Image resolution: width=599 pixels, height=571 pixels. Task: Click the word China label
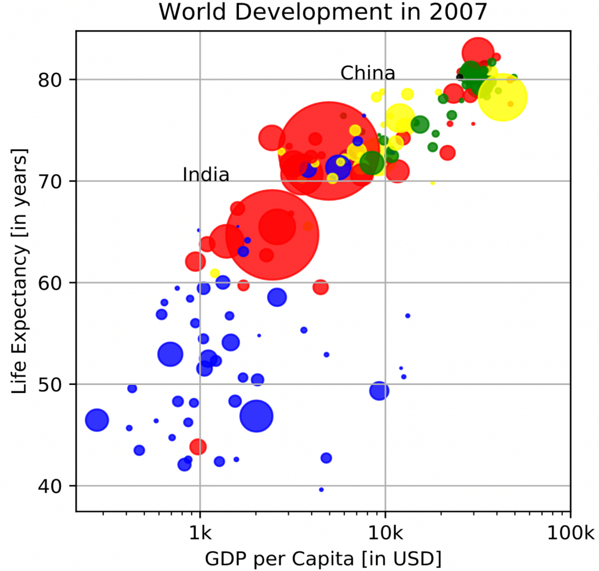[368, 73]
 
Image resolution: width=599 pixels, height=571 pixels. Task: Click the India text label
[206, 175]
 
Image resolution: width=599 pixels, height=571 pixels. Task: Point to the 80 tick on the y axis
[50, 80]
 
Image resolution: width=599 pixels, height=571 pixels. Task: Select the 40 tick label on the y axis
[50, 486]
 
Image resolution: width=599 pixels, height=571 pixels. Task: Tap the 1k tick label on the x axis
[200, 533]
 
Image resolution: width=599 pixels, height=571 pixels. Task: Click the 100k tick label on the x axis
[570, 533]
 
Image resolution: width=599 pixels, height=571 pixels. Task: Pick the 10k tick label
[385, 533]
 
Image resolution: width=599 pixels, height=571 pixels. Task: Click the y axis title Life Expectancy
[19, 271]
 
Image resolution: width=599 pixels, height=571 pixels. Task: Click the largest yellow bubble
[503, 98]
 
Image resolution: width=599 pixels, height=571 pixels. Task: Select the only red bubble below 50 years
[198, 447]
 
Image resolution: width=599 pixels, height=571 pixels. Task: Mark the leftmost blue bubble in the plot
[97, 420]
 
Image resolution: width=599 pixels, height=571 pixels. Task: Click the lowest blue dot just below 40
[321, 490]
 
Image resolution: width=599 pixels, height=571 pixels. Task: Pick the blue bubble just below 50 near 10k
[379, 391]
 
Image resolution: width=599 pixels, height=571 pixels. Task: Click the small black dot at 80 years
[460, 77]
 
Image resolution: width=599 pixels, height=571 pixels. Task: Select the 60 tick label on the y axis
[50, 283]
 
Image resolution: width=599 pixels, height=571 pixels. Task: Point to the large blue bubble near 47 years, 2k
[256, 416]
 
